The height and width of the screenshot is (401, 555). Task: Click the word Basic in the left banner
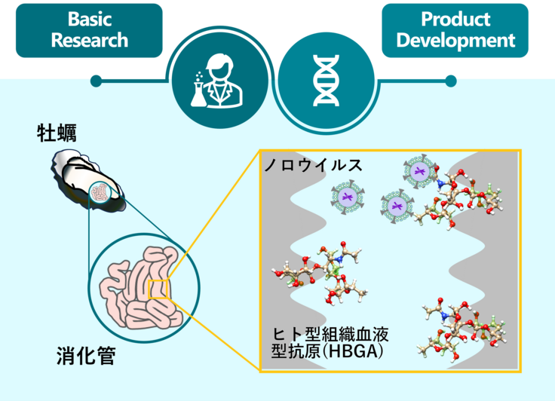click(x=89, y=18)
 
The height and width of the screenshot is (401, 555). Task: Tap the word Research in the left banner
click(x=89, y=40)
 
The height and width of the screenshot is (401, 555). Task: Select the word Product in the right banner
click(x=455, y=19)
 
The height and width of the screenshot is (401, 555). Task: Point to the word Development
click(x=455, y=40)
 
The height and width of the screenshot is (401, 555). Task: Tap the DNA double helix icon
click(x=326, y=78)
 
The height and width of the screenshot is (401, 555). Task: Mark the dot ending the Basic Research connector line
click(x=96, y=79)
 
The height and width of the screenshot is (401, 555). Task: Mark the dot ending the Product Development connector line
click(x=451, y=79)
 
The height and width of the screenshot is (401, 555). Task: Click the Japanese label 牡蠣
click(x=57, y=133)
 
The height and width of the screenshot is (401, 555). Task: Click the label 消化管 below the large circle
click(x=86, y=355)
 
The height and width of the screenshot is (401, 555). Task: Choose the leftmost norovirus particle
click(x=347, y=198)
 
